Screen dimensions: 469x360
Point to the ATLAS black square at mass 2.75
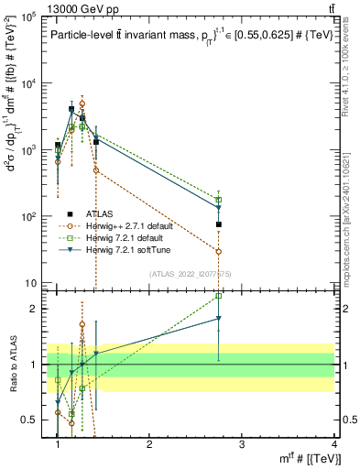219,224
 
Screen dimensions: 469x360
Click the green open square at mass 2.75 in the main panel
219,200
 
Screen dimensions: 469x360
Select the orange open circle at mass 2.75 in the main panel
219,251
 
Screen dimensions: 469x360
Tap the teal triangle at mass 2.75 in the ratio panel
219,318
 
